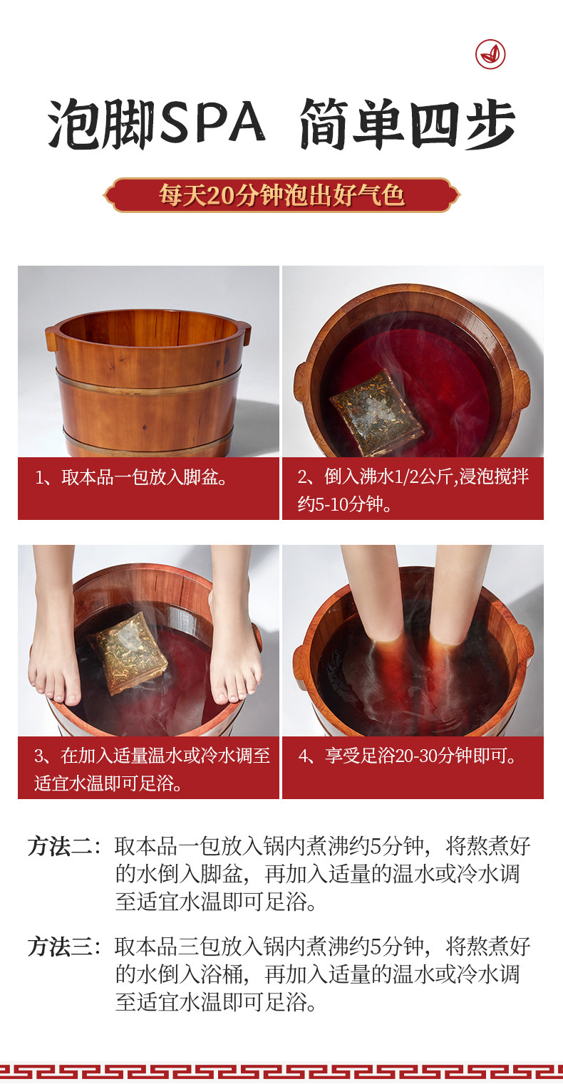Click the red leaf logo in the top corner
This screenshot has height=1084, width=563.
pos(490,54)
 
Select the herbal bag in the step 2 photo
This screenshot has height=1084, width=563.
pos(376,413)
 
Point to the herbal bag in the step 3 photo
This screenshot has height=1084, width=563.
pos(128,653)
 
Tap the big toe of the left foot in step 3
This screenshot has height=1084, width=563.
pos(73,694)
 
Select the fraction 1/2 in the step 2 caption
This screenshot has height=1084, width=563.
pos(406,477)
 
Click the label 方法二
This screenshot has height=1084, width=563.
pos(60,846)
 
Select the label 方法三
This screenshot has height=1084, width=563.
pos(60,947)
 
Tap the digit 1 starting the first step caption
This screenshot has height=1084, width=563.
pos(39,478)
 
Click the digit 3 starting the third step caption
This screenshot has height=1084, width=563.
pos(39,756)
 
